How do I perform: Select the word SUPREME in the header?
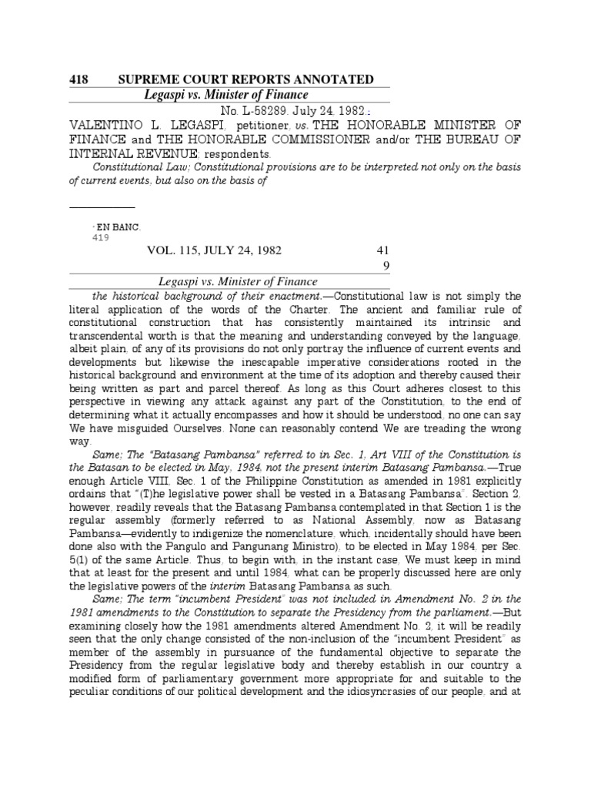tap(145, 79)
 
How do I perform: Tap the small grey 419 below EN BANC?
tap(100, 237)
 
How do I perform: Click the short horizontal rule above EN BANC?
tap(102, 208)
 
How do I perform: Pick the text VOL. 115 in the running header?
tap(177, 251)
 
